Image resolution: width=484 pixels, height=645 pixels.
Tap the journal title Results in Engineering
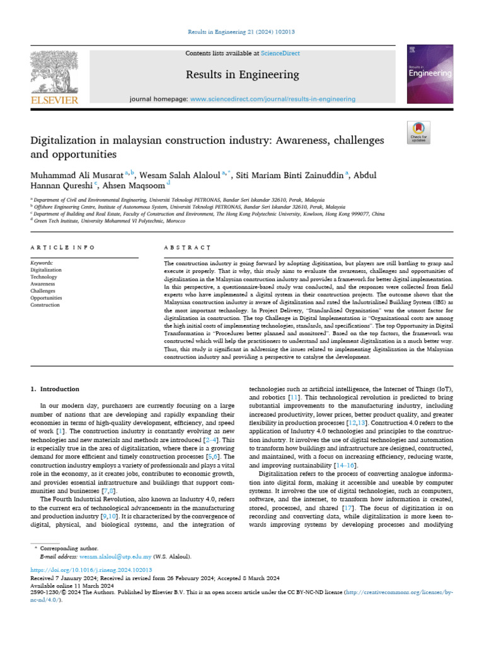[242, 75]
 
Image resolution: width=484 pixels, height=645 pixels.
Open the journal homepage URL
[272, 99]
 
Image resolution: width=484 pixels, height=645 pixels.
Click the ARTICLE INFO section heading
[63, 248]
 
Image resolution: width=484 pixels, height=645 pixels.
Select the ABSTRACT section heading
[187, 248]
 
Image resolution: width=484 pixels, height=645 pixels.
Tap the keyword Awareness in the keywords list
[43, 284]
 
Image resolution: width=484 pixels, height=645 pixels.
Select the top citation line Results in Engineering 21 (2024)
[241, 31]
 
